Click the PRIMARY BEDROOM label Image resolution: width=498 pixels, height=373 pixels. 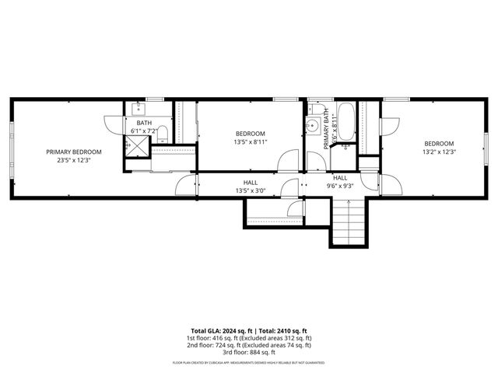pos(74,152)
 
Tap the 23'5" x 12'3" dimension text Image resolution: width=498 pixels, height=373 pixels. pos(74,160)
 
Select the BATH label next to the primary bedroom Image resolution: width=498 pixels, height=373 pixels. pos(145,123)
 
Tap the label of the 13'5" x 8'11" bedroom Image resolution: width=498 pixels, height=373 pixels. pos(250,134)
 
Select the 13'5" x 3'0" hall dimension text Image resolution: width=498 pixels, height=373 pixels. pos(250,190)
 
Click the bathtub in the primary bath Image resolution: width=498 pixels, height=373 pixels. pos(347,123)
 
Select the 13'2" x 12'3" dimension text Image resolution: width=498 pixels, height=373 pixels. pos(439,152)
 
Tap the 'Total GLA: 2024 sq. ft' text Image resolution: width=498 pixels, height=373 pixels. pos(217,330)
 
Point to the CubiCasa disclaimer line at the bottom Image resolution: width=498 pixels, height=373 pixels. pos(249,363)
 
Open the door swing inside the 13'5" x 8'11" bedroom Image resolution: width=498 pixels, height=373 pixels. pos(288,159)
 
